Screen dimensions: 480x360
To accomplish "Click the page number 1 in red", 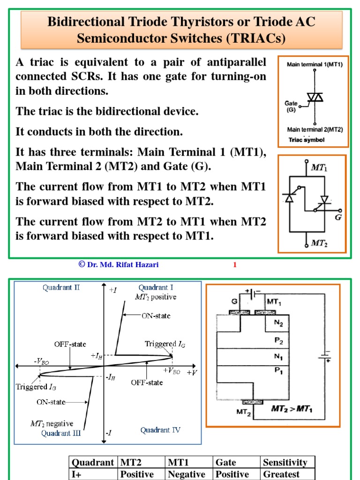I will pyautogui.click(x=235, y=265).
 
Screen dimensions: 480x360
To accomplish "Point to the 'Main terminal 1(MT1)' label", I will pyautogui.click(x=315, y=65).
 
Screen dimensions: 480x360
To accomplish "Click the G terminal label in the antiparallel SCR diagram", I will pyautogui.click(x=338, y=218).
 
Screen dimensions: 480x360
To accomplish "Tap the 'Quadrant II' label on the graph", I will pyautogui.click(x=61, y=288).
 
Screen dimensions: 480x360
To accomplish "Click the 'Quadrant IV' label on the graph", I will pyautogui.click(x=160, y=430).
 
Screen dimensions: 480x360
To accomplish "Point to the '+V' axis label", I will pyautogui.click(x=192, y=372).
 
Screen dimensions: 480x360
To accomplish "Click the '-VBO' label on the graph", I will pyautogui.click(x=41, y=362).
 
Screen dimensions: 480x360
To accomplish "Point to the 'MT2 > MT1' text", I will pyautogui.click(x=292, y=409).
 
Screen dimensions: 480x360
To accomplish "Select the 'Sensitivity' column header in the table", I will pyautogui.click(x=285, y=463).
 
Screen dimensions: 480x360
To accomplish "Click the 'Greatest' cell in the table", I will pyautogui.click(x=281, y=474).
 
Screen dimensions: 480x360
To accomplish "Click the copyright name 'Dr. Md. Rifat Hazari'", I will pyautogui.click(x=122, y=265).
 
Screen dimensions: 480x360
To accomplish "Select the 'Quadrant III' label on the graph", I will pyautogui.click(x=61, y=434).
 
